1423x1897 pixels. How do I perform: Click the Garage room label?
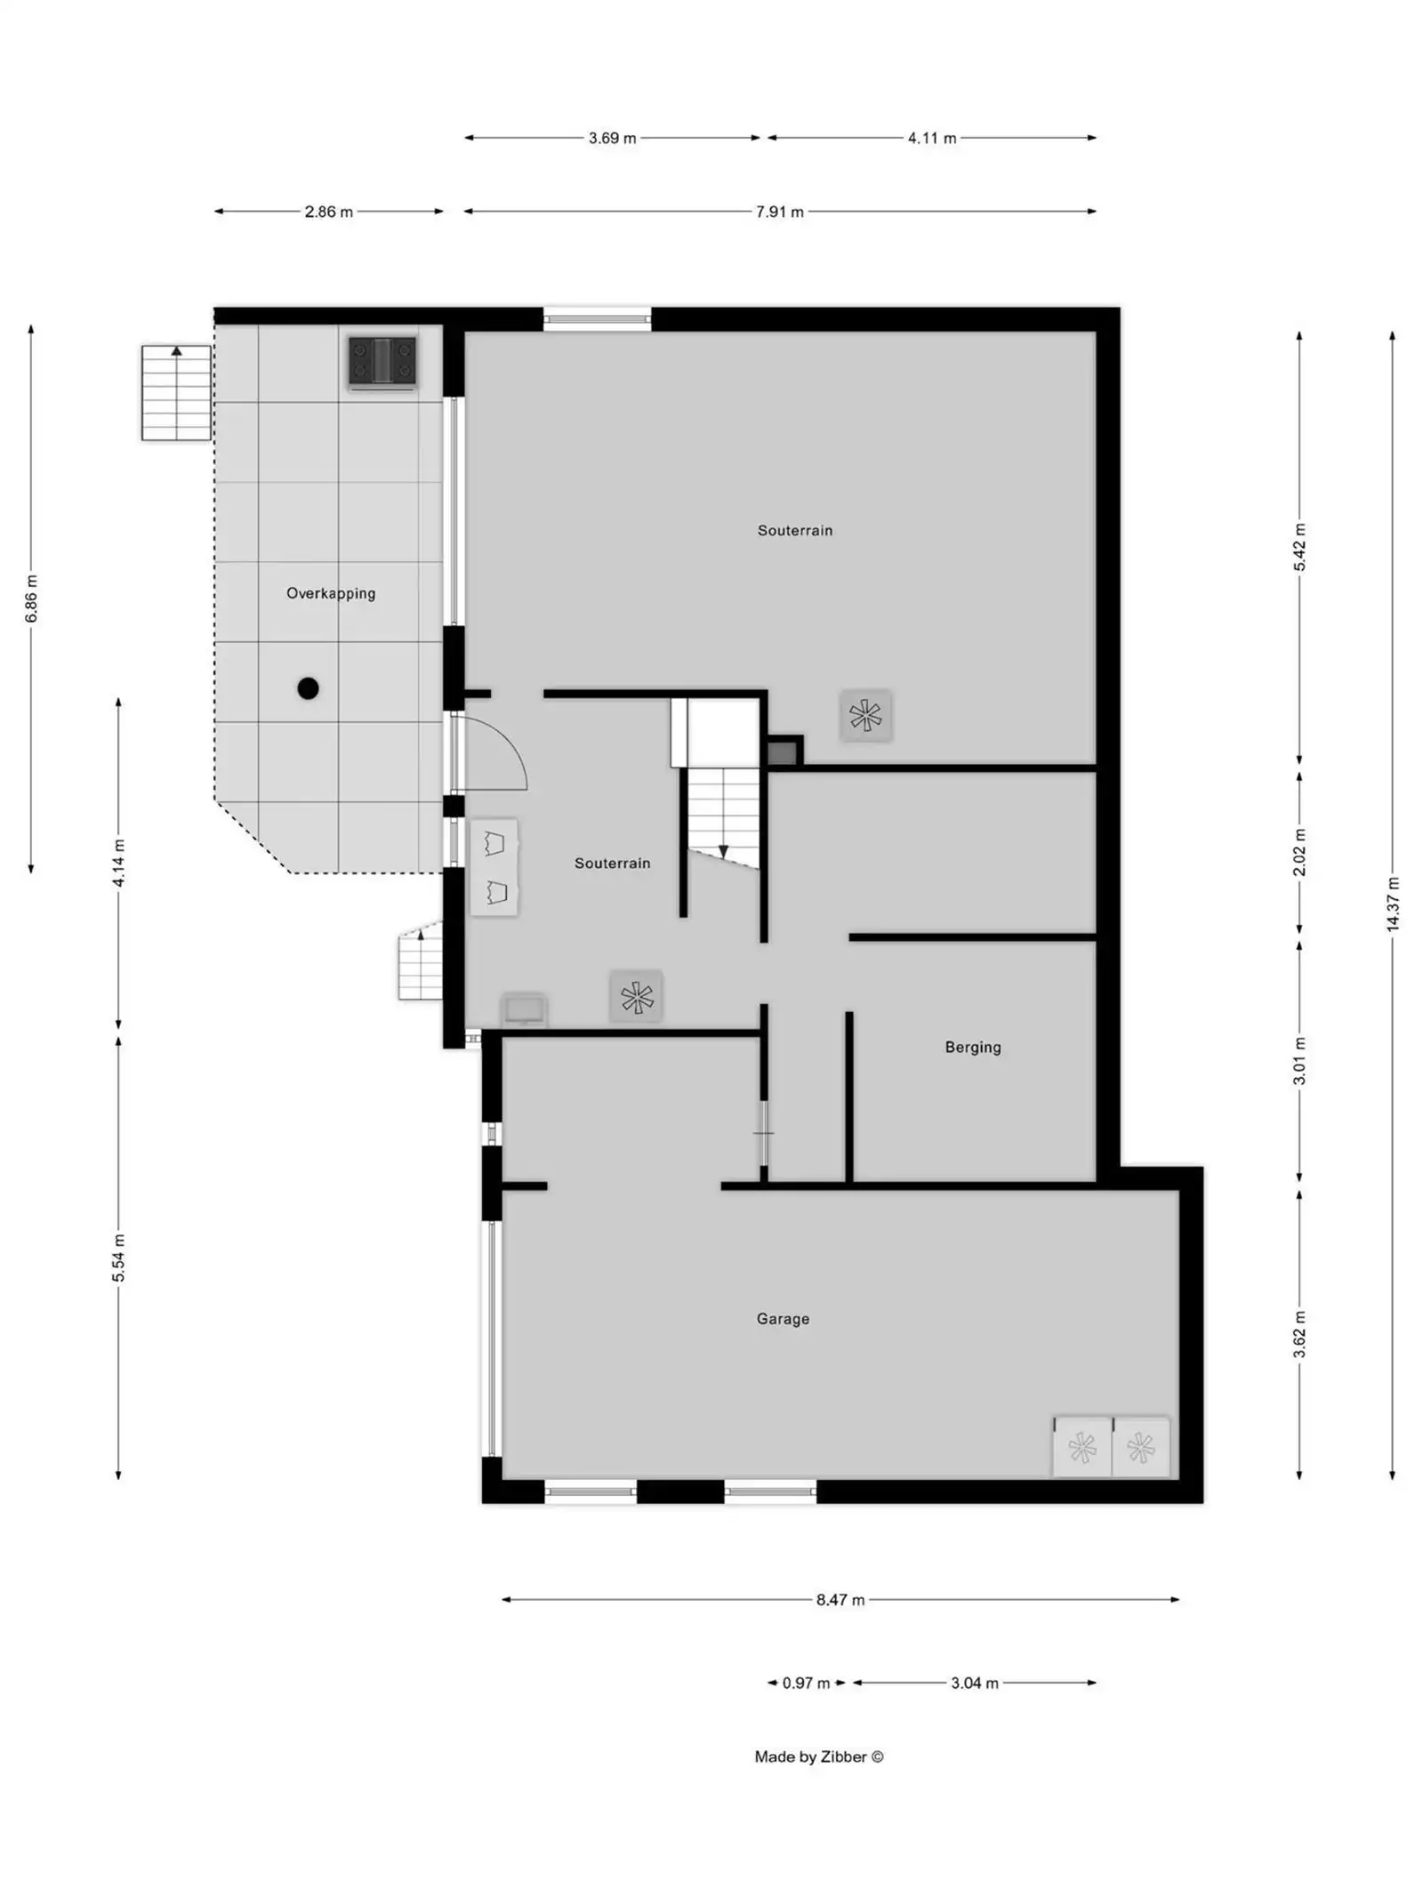click(783, 1319)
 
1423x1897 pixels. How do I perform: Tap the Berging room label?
click(972, 1047)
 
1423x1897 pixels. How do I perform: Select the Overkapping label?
click(330, 593)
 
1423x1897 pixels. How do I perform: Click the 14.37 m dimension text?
click(1392, 904)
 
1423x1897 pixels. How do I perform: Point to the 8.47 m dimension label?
click(840, 1600)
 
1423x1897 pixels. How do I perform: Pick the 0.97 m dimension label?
click(805, 1683)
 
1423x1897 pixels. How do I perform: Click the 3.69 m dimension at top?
click(612, 138)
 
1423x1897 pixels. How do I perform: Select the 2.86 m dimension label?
click(328, 212)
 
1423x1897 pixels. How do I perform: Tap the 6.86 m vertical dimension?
click(31, 599)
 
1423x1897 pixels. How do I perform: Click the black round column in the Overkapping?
click(308, 687)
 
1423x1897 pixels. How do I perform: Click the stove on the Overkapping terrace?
click(382, 362)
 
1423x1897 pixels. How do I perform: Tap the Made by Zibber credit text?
click(818, 1756)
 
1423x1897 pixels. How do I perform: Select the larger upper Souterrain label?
click(794, 530)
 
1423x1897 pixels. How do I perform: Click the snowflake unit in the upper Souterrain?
click(865, 715)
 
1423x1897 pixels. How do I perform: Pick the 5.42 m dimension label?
click(1298, 547)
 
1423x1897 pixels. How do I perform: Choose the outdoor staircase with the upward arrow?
click(176, 392)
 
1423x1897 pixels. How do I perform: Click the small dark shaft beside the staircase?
click(783, 752)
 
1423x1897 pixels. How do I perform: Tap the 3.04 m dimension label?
click(974, 1683)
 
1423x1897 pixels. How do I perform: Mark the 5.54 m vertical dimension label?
click(118, 1258)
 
